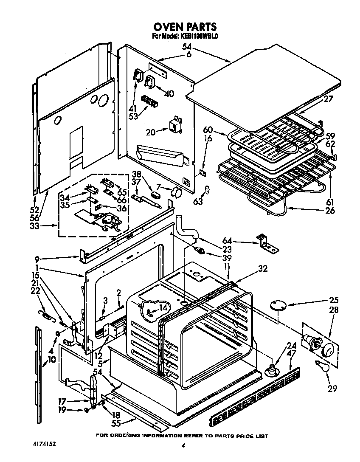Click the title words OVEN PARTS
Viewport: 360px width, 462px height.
[x=185, y=28]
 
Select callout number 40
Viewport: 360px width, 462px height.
[x=169, y=93]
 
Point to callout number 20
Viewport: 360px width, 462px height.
[x=151, y=132]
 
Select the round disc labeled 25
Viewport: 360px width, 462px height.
[x=278, y=306]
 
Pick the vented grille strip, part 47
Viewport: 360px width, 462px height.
[x=255, y=397]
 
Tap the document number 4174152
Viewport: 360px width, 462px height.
[x=44, y=444]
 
